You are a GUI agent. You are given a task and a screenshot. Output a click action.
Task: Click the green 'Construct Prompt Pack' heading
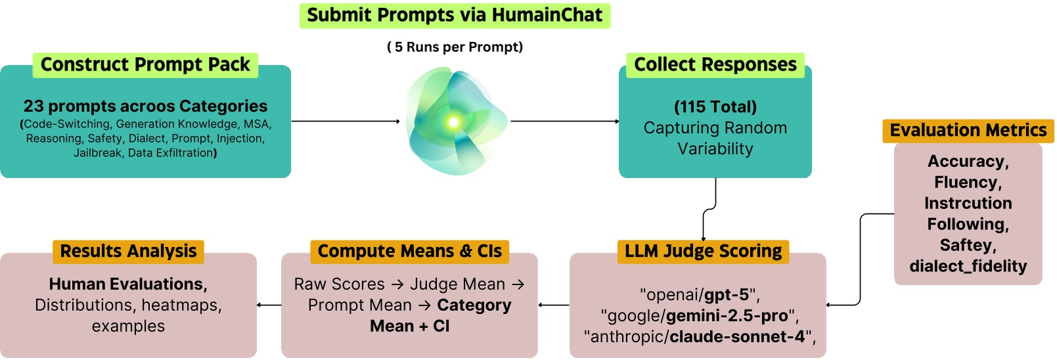coord(145,64)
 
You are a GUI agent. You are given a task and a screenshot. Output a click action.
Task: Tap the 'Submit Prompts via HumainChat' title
coord(455,15)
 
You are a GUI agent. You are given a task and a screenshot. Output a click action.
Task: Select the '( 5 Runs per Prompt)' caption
coord(455,47)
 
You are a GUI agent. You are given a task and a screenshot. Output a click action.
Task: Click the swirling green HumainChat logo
coord(455,122)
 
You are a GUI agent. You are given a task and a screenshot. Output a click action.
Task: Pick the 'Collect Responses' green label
coord(715,64)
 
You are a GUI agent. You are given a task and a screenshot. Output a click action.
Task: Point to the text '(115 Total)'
coord(715,106)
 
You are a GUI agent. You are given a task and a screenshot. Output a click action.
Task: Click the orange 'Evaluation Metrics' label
coord(968,130)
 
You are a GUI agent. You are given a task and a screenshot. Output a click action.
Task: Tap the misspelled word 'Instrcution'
coord(968,203)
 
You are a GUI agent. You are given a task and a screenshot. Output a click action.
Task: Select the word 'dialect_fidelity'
coord(968,266)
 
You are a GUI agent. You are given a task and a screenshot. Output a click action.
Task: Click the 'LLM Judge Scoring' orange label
coord(703,251)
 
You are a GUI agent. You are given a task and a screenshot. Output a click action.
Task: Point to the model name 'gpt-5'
coord(727,294)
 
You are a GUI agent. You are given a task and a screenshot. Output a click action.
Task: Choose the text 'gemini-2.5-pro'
coord(727,315)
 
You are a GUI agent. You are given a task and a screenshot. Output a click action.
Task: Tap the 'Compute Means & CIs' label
coord(409,251)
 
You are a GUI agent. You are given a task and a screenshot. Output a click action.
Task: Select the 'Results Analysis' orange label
coord(128,251)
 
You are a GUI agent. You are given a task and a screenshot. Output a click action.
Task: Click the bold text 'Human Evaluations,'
coord(128,284)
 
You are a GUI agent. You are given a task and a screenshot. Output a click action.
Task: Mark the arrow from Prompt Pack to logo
coord(345,122)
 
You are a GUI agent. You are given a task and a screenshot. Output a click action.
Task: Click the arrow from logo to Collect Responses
coord(565,122)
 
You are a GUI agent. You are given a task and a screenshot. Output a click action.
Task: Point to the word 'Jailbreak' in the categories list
coord(97,153)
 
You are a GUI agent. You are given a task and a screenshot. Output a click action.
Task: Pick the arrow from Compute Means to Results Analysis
coord(269,305)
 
